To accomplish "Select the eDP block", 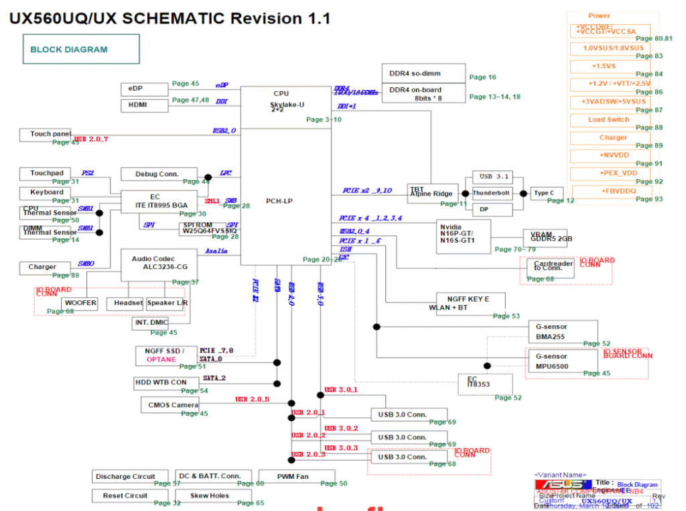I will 144,89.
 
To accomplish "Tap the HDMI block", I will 144,105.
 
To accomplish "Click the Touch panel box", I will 50,135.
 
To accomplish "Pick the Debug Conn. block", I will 158,174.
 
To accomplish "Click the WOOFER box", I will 80,303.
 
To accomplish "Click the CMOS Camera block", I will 169,405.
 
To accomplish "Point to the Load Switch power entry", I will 609,120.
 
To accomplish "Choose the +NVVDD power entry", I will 609,156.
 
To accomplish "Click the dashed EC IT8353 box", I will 485,384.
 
